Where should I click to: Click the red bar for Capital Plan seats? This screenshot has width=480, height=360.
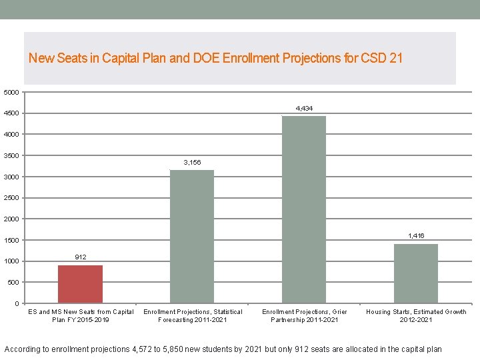coord(80,284)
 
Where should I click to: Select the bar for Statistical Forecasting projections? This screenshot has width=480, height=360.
coord(192,237)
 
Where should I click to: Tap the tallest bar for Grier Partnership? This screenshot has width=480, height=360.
coord(304,210)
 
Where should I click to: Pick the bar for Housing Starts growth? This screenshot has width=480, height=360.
coord(416,273)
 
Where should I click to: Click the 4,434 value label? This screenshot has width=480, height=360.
coord(304,108)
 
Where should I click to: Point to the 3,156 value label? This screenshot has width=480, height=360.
coord(192,162)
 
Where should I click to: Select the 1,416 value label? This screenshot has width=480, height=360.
coord(416,236)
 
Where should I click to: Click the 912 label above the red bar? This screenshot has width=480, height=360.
coord(80,257)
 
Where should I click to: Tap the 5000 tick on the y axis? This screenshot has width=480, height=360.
coord(12,92)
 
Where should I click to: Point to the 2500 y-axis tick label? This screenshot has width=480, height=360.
coord(12,198)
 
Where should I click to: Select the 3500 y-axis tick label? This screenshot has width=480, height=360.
coord(12,155)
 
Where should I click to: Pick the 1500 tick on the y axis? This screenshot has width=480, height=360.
coord(12,240)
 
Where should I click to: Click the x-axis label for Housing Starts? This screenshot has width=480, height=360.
coord(416,315)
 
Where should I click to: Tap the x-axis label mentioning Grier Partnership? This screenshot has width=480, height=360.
coord(304,315)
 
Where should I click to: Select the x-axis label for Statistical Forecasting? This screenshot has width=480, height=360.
coord(193,315)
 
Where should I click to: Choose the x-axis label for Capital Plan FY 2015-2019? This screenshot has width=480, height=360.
coord(81,315)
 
